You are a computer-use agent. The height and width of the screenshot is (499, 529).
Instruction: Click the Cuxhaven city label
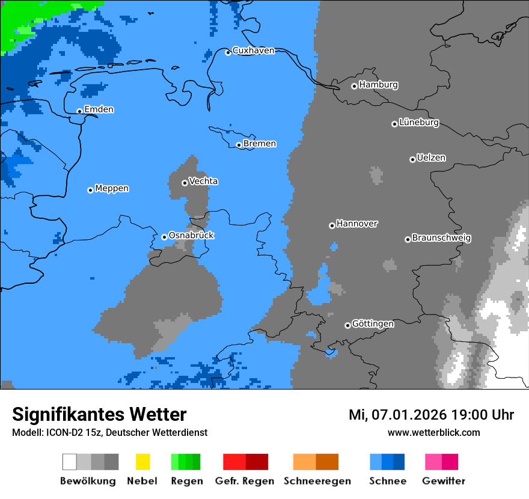pos(253,51)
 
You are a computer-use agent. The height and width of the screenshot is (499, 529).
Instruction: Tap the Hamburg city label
pos(378,85)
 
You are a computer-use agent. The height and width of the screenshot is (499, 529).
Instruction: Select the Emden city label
pos(99,109)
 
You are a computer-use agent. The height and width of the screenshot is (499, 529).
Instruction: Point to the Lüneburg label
pos(419,123)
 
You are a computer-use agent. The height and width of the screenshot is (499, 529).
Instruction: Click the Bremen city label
pos(260,144)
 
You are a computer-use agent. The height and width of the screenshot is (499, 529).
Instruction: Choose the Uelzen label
pos(431,158)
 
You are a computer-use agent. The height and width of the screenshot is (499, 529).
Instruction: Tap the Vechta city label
pos(203,182)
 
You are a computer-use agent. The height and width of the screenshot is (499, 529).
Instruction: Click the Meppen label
pos(112,189)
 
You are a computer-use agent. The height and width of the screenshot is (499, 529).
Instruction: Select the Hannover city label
pos(357,224)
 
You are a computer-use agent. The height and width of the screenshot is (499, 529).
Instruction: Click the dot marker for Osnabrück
pos(164,237)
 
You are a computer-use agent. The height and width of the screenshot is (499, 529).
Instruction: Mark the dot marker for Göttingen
pos(347,325)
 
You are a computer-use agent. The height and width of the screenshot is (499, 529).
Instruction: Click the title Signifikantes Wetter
pos(99,414)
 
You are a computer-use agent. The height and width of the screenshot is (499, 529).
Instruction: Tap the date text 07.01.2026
pos(409,415)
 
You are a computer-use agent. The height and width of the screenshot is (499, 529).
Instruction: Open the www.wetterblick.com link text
pos(433,432)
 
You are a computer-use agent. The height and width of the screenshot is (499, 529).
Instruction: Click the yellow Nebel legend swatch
pos(142,462)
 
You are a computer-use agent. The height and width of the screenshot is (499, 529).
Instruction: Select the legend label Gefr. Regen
pos(245,481)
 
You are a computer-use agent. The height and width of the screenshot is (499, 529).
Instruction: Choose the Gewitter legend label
pos(444,481)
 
